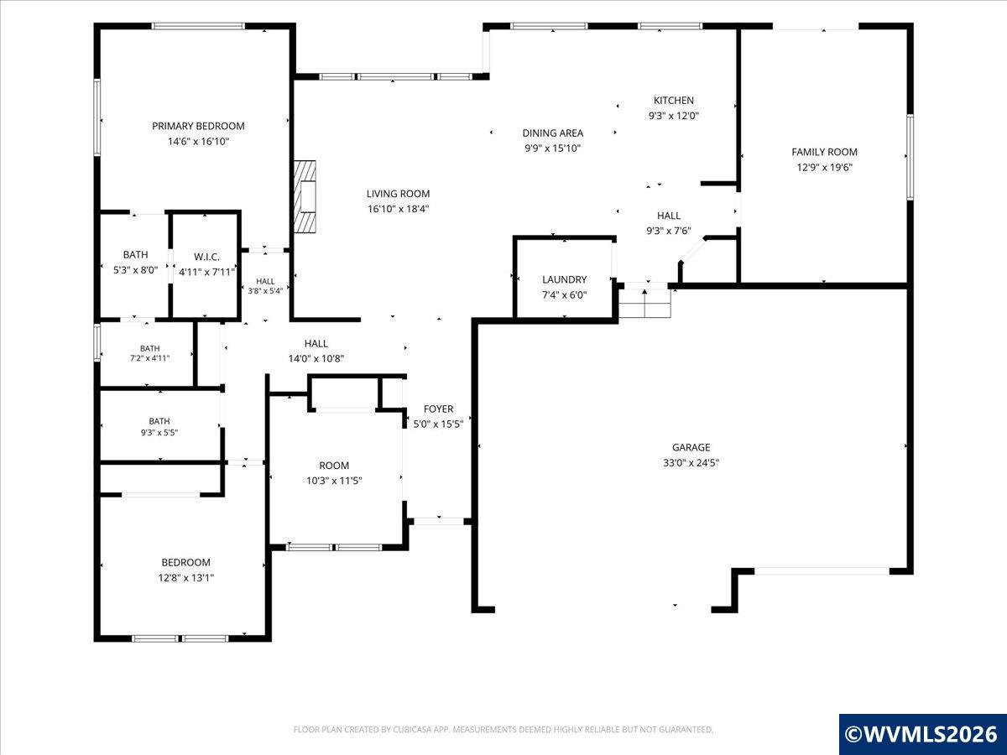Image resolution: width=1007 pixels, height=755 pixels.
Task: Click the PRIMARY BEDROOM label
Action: tap(198, 126)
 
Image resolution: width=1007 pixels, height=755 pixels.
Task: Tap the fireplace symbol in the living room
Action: tap(305, 196)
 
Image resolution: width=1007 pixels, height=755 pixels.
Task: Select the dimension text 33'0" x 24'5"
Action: tap(691, 462)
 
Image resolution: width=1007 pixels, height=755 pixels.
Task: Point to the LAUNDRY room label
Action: tap(564, 279)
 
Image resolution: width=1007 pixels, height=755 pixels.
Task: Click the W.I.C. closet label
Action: tap(207, 257)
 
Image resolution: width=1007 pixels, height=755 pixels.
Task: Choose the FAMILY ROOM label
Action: tap(824, 152)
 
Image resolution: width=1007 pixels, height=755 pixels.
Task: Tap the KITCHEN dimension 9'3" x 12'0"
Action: tap(674, 116)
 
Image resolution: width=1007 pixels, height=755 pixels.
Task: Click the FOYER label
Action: tap(439, 409)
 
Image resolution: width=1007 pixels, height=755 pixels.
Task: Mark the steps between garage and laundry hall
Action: tap(644, 304)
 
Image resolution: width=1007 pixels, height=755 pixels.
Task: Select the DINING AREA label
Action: tap(553, 133)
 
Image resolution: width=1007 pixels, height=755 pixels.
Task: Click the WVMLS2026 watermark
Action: tap(922, 734)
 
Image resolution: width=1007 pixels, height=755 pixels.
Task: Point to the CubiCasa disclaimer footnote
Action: tap(503, 729)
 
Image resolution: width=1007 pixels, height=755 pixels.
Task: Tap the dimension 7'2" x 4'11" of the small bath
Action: tap(149, 358)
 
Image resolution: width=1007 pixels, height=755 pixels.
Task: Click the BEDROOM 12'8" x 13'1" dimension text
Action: tap(185, 578)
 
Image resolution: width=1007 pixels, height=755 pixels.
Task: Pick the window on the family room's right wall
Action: tap(910, 157)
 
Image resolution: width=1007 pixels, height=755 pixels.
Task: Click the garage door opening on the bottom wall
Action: tap(822, 571)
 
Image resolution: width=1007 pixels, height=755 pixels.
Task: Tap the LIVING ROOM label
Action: tap(399, 194)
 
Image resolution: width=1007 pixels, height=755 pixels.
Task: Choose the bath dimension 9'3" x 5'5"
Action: tap(159, 432)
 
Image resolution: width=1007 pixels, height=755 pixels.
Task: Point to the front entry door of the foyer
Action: tap(439, 521)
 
